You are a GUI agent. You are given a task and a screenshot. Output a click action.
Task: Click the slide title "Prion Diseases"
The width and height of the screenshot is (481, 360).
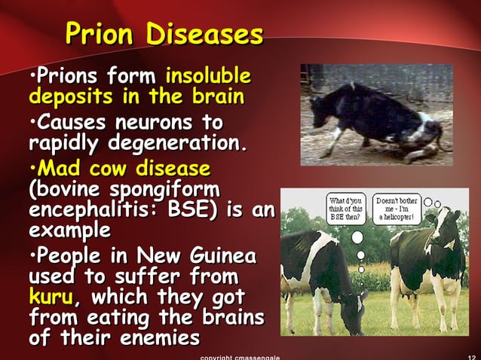pyautogui.click(x=164, y=34)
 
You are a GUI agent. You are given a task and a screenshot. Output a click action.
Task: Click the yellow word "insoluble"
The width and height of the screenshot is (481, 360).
pyautogui.click(x=208, y=77)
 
